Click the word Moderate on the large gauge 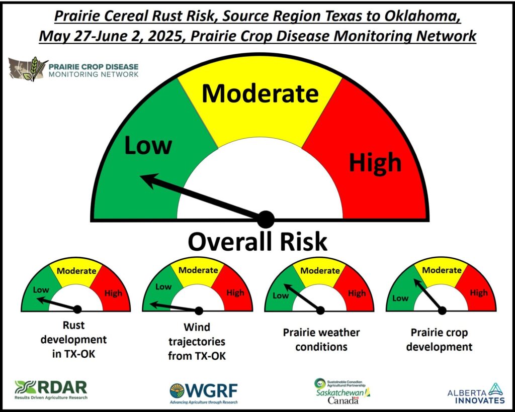(260, 93)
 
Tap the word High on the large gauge (375, 162)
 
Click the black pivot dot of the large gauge (266, 220)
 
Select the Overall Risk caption (257, 242)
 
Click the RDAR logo (51, 390)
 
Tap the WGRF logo (203, 393)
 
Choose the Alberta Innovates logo (476, 393)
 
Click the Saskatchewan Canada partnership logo (342, 391)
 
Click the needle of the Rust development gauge (57, 303)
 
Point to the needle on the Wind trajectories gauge (175, 307)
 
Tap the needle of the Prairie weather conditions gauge (302, 297)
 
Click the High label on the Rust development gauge (113, 293)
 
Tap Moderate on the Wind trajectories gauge (198, 270)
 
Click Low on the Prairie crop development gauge (400, 298)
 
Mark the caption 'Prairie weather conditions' (321, 340)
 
